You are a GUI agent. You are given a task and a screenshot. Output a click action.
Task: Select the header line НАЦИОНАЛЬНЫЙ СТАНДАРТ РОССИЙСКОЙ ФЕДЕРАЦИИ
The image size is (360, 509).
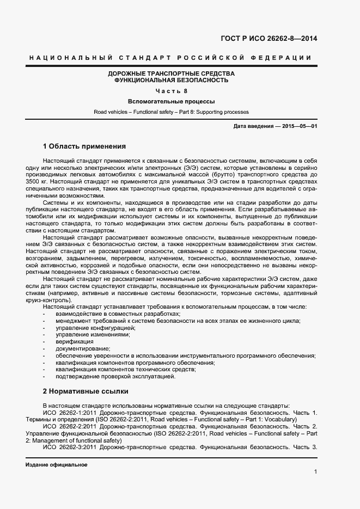coord(169,58)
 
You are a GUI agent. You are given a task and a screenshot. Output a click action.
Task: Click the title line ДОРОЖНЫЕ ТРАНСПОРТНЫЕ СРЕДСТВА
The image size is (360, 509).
coord(171,73)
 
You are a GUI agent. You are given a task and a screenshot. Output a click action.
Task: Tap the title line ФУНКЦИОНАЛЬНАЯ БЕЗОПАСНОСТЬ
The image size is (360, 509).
coord(171,80)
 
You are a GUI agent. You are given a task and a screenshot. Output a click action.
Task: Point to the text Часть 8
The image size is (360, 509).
coord(171,91)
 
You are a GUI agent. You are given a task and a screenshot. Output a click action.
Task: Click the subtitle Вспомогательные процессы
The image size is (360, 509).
coord(171,101)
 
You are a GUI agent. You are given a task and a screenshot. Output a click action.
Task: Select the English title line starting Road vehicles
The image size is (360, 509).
coord(171,112)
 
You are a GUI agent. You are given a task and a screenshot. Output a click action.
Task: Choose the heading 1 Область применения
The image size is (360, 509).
coord(84,146)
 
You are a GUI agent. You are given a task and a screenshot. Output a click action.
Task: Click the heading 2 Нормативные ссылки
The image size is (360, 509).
coord(84,391)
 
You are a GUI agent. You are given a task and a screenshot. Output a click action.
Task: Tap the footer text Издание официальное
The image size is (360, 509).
coord(56,465)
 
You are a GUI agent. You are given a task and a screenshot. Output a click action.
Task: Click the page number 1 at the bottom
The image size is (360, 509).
coord(315,471)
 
